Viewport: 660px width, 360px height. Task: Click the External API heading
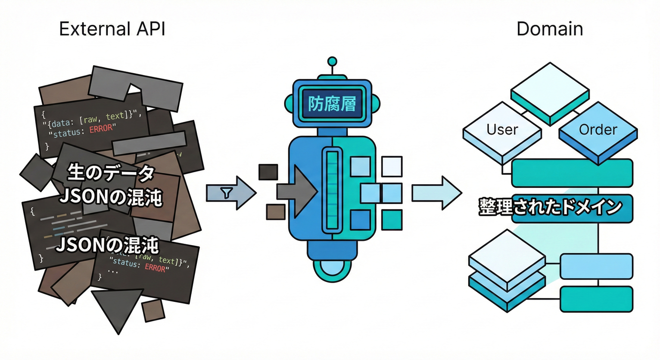point(112,29)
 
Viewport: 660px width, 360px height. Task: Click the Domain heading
point(549,29)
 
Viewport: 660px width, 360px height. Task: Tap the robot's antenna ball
point(332,61)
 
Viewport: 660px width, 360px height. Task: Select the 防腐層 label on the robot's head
point(332,104)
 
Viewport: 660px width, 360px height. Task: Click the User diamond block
point(502,130)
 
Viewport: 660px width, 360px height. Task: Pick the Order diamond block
point(598,130)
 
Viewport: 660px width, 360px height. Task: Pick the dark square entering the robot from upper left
point(268,172)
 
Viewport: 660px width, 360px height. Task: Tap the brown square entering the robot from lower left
point(275,212)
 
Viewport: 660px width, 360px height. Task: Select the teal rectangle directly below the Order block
point(572,173)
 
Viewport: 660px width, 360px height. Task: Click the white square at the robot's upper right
point(391,166)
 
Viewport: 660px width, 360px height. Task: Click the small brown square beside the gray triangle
point(153,310)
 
